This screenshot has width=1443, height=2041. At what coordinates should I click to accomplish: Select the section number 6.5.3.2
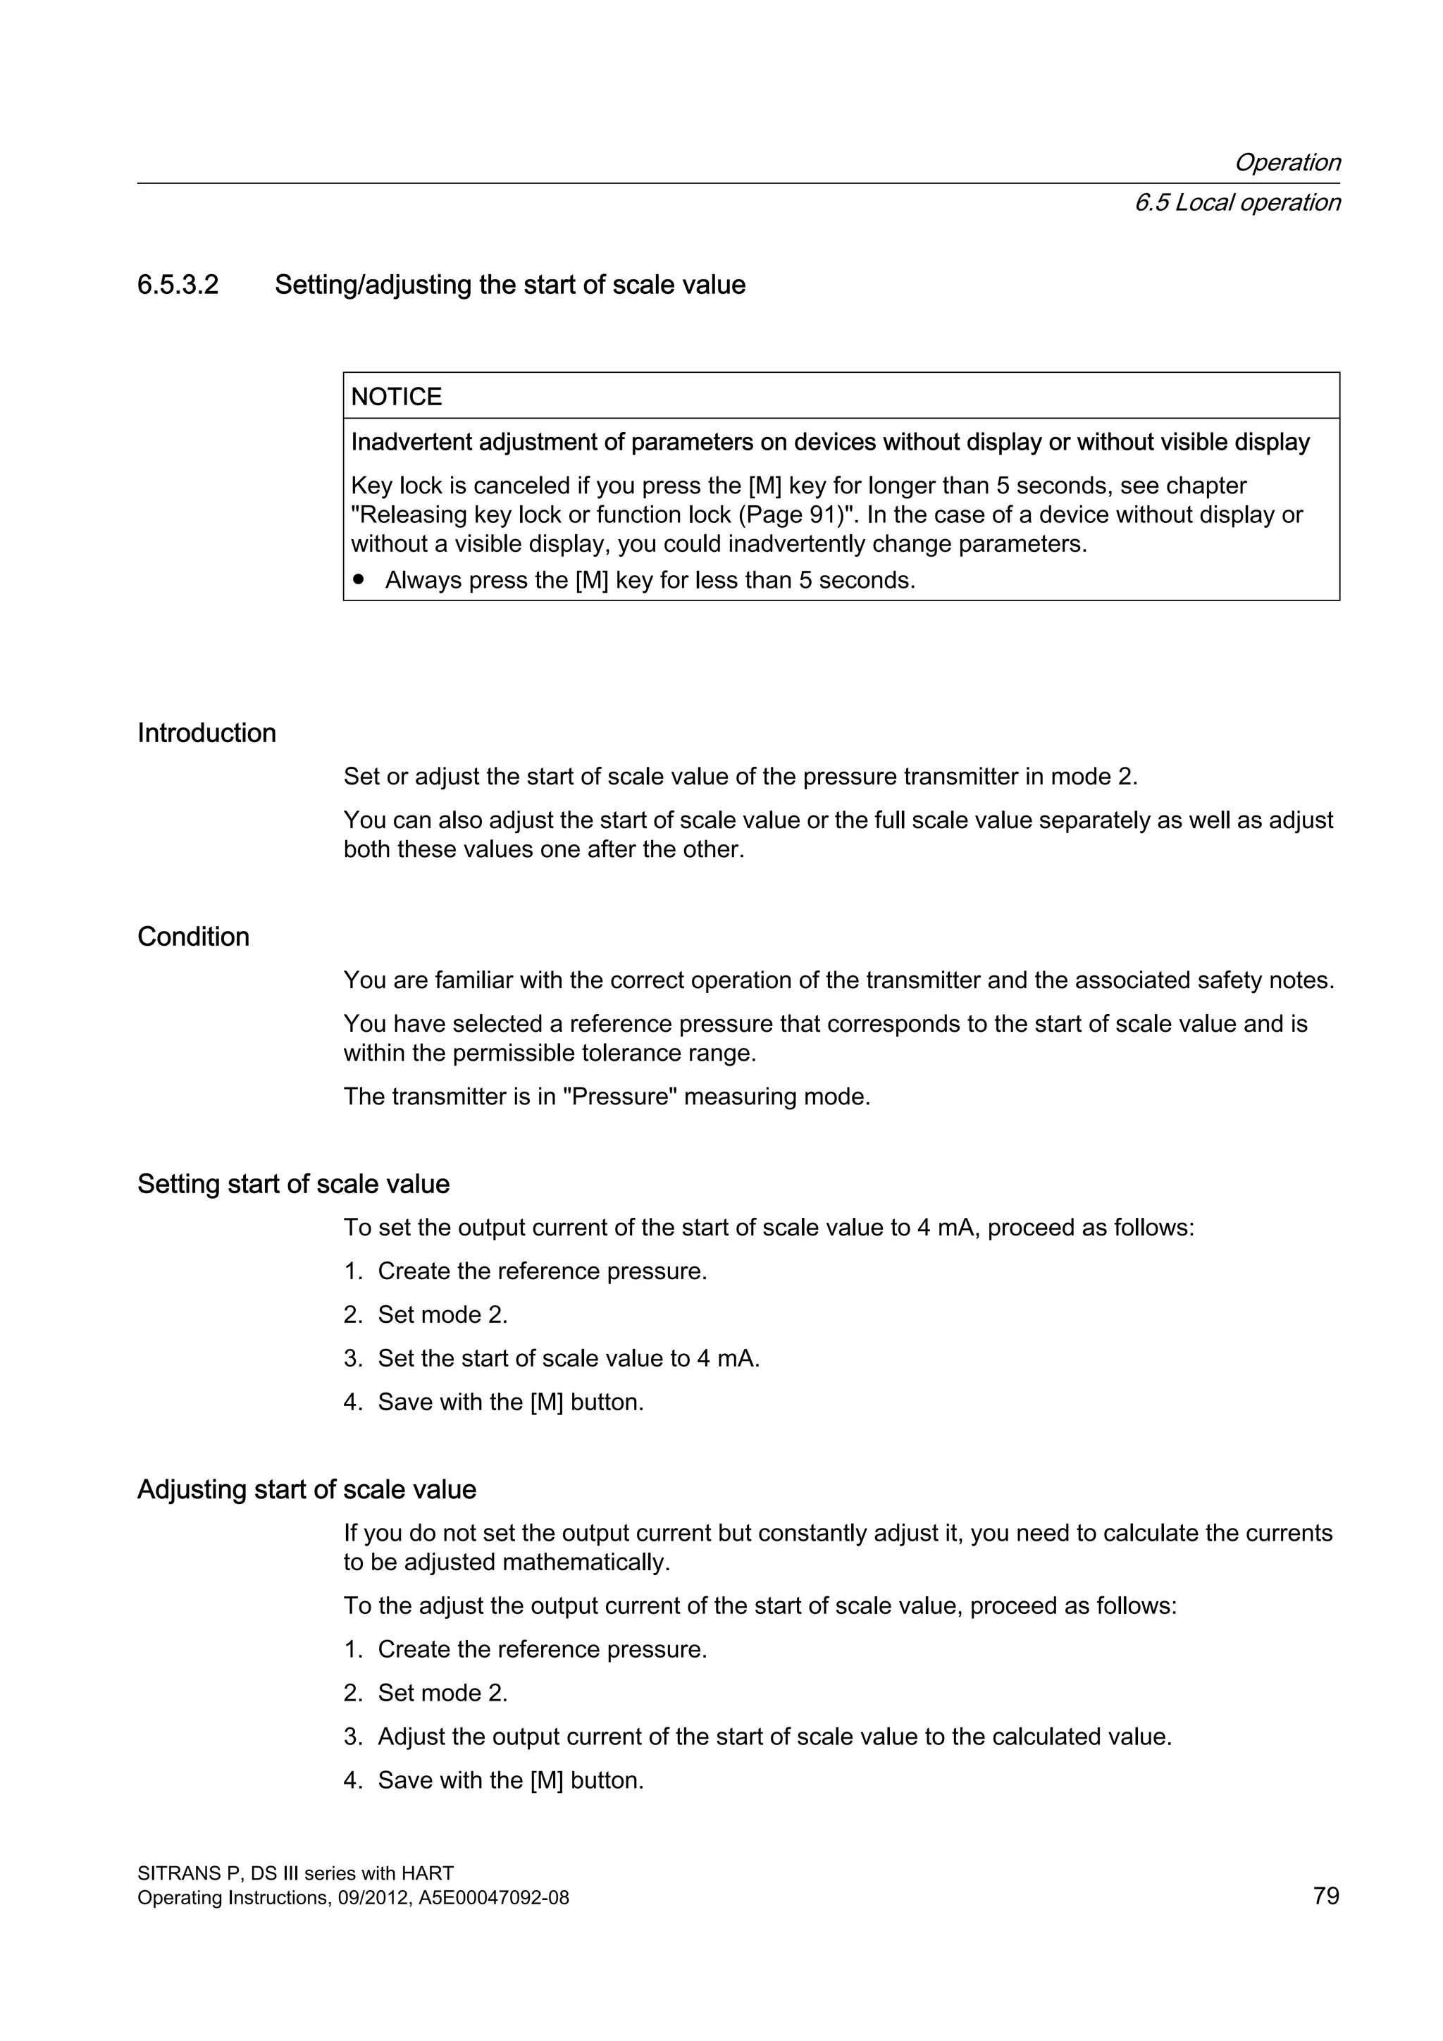point(178,285)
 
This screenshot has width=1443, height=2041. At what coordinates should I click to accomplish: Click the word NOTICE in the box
point(396,397)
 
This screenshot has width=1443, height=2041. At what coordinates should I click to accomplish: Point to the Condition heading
point(193,936)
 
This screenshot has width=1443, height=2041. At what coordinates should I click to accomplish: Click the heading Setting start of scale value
point(293,1183)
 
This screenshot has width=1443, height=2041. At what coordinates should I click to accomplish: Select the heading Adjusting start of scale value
point(306,1489)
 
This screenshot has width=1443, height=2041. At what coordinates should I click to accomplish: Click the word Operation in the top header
point(1287,162)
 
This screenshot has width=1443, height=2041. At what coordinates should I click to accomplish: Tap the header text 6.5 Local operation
point(1237,203)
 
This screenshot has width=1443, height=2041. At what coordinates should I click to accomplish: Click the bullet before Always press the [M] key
point(359,579)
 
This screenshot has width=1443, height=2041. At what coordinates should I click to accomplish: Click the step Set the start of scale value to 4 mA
point(568,1358)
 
